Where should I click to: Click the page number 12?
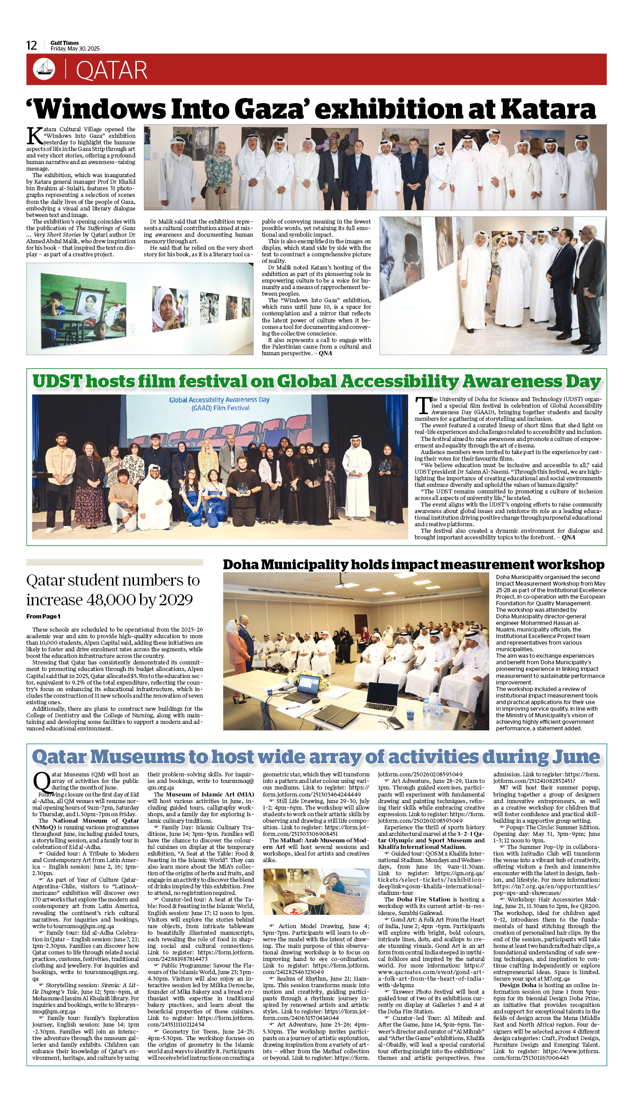coord(31,45)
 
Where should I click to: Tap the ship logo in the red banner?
coord(44,69)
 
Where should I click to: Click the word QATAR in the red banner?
coord(112,70)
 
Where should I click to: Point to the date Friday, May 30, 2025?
coord(75,49)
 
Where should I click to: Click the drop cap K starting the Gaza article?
coord(35,136)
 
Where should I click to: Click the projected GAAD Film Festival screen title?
coord(219,404)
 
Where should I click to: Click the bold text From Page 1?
coord(43,617)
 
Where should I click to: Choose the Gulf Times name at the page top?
coord(65,43)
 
